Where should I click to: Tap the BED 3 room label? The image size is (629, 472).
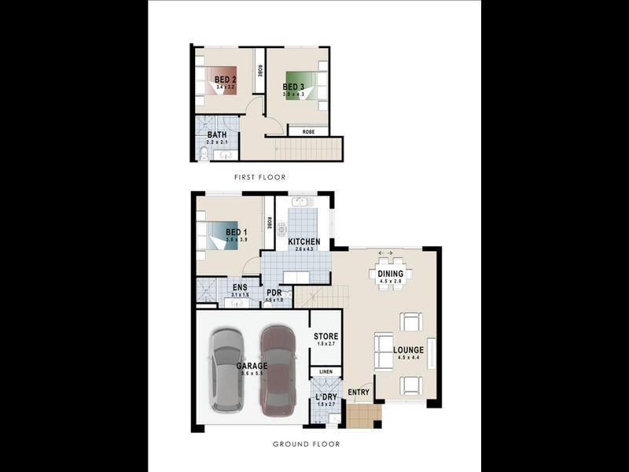point(296,87)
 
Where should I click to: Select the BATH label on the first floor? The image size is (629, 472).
point(217,135)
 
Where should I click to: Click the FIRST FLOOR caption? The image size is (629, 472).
point(259,177)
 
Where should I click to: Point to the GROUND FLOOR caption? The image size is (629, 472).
point(306,444)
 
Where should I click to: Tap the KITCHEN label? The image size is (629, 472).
point(303,241)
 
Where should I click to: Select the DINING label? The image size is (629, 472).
point(390,274)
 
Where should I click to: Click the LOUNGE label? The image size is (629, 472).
point(408,350)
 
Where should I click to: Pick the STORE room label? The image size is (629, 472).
point(326,337)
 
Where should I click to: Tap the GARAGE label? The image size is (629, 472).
point(252,366)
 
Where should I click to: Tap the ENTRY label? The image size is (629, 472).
point(359,392)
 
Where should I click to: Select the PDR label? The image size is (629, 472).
point(274,293)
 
